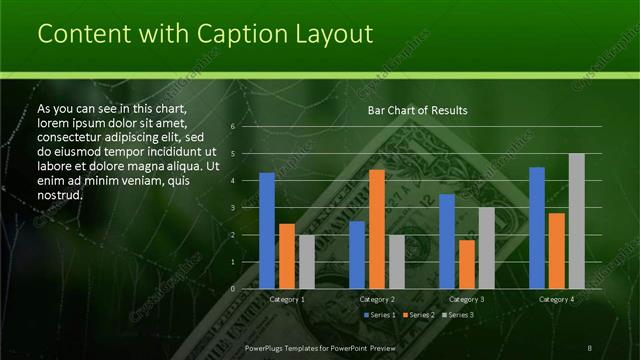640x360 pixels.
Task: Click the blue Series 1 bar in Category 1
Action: [x=267, y=231]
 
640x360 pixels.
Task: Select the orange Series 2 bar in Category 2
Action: [x=377, y=229]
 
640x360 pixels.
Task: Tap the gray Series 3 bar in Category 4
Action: [x=576, y=221]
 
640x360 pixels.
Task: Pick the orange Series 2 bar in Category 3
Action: [x=467, y=264]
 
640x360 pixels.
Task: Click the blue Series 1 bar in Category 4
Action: [x=537, y=228]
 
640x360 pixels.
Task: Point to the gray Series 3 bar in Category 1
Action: [x=306, y=262]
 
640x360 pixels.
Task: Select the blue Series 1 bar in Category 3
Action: [x=447, y=241]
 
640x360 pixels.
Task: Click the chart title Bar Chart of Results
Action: [x=411, y=110]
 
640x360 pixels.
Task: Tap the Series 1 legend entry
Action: [x=381, y=315]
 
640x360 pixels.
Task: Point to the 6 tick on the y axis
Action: [x=232, y=127]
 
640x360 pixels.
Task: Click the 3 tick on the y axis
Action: [x=232, y=208]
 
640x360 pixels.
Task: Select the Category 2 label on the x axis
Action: [x=377, y=299]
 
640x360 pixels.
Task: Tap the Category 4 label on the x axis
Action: [x=556, y=299]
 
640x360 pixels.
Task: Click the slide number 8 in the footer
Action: [x=589, y=347]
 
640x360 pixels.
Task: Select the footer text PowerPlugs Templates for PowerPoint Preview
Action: [x=321, y=347]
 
